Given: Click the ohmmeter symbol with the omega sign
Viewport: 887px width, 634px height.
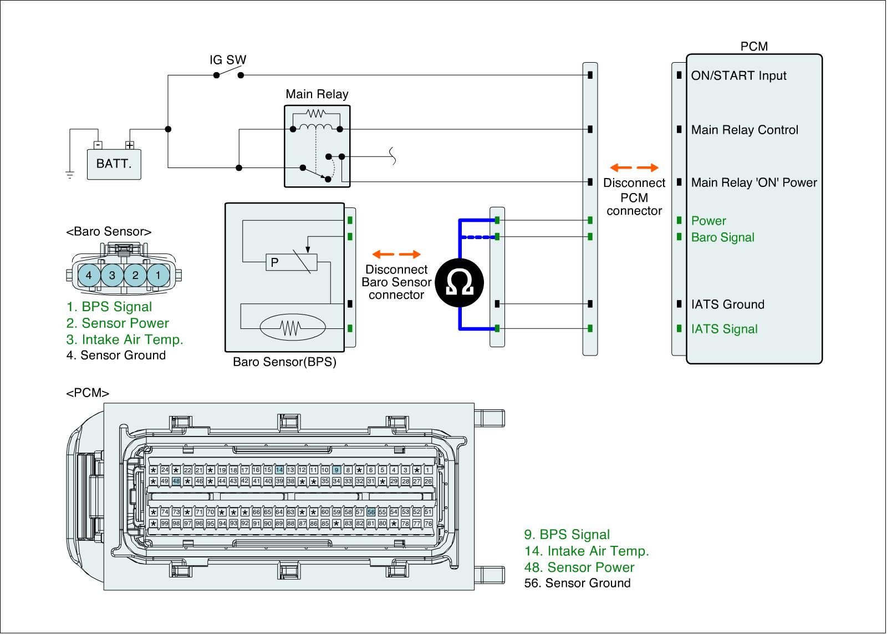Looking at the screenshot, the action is [460, 282].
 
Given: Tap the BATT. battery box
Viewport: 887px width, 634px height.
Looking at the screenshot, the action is [114, 164].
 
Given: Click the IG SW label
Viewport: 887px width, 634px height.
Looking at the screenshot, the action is [228, 60].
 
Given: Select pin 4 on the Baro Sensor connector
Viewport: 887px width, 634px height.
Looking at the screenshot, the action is [89, 275].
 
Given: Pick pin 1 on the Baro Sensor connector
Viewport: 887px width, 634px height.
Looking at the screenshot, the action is [159, 275].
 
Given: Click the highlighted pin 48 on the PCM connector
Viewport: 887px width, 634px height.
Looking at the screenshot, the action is [176, 481].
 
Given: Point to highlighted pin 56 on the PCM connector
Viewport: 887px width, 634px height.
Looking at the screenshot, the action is [371, 512].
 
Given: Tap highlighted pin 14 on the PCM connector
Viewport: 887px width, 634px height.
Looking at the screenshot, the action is [279, 470].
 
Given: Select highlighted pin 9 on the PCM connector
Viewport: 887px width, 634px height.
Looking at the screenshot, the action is [337, 470].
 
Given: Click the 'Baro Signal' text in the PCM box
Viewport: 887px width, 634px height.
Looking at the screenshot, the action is [723, 237].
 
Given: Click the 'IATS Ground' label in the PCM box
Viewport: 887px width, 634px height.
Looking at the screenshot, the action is [728, 305].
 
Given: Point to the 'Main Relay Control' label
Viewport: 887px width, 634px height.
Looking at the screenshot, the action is [745, 130].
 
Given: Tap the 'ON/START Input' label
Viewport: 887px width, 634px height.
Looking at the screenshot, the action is [738, 75].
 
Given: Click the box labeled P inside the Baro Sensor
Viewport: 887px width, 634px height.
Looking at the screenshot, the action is [292, 262].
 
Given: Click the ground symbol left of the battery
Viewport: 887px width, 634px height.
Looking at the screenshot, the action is [70, 174].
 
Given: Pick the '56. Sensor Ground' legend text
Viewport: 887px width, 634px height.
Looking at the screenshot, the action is [577, 584].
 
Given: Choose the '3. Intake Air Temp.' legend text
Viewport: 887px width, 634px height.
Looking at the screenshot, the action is [125, 339].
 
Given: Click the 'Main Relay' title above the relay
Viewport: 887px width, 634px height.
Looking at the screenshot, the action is [317, 94].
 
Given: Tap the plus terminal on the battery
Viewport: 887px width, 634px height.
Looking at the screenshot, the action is [130, 145].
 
